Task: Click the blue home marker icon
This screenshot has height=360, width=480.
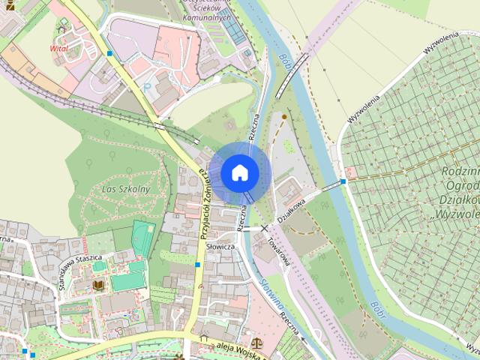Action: (239, 172)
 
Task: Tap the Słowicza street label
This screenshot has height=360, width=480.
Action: (220, 246)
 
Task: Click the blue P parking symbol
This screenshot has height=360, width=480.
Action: (146, 85)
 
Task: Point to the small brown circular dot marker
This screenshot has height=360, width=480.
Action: (283, 116)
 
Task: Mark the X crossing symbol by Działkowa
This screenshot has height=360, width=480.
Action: (265, 227)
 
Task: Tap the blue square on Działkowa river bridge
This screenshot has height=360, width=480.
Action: (343, 181)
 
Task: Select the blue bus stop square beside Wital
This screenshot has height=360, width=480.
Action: (109, 53)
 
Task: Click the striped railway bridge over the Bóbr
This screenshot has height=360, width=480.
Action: (292, 75)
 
